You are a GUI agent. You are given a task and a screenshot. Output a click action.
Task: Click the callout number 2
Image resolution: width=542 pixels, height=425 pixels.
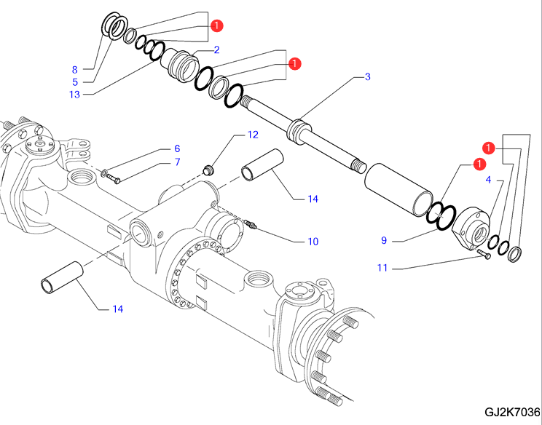pyautogui.click(x=216, y=50)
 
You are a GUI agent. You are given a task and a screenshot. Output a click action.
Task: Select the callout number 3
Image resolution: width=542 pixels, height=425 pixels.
pyautogui.click(x=368, y=76)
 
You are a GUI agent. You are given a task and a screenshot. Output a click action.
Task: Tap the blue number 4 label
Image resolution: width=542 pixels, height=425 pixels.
pyautogui.click(x=489, y=178)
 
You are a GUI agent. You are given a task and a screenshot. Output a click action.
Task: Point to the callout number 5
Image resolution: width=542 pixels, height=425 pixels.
pyautogui.click(x=74, y=82)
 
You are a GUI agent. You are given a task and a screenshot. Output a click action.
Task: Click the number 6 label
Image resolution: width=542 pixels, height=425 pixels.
pyautogui.click(x=176, y=149)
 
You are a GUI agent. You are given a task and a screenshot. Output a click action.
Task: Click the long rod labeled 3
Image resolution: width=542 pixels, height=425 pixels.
pyautogui.click(x=306, y=131)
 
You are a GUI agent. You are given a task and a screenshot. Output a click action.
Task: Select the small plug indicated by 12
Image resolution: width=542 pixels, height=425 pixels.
pyautogui.click(x=208, y=170)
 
